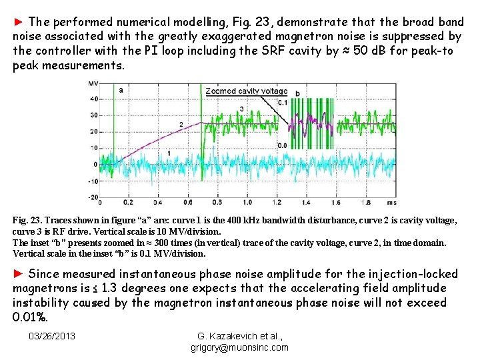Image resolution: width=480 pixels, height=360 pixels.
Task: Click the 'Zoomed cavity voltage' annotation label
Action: (x=246, y=91)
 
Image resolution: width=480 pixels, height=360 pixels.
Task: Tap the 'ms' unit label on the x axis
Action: (x=391, y=202)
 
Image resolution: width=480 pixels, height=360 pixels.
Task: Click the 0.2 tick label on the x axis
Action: (x=129, y=202)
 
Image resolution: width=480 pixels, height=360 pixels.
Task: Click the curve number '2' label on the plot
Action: (x=181, y=125)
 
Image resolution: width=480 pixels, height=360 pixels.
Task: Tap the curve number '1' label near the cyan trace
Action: (x=169, y=153)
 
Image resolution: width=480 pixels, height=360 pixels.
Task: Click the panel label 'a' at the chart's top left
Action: (x=120, y=89)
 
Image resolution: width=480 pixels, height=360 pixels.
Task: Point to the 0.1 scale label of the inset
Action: (x=282, y=102)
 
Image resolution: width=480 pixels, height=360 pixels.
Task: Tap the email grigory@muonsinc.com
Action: (x=240, y=347)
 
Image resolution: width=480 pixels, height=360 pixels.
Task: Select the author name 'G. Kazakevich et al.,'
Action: (x=239, y=335)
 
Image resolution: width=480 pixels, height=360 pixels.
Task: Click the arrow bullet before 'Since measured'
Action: (x=19, y=274)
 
